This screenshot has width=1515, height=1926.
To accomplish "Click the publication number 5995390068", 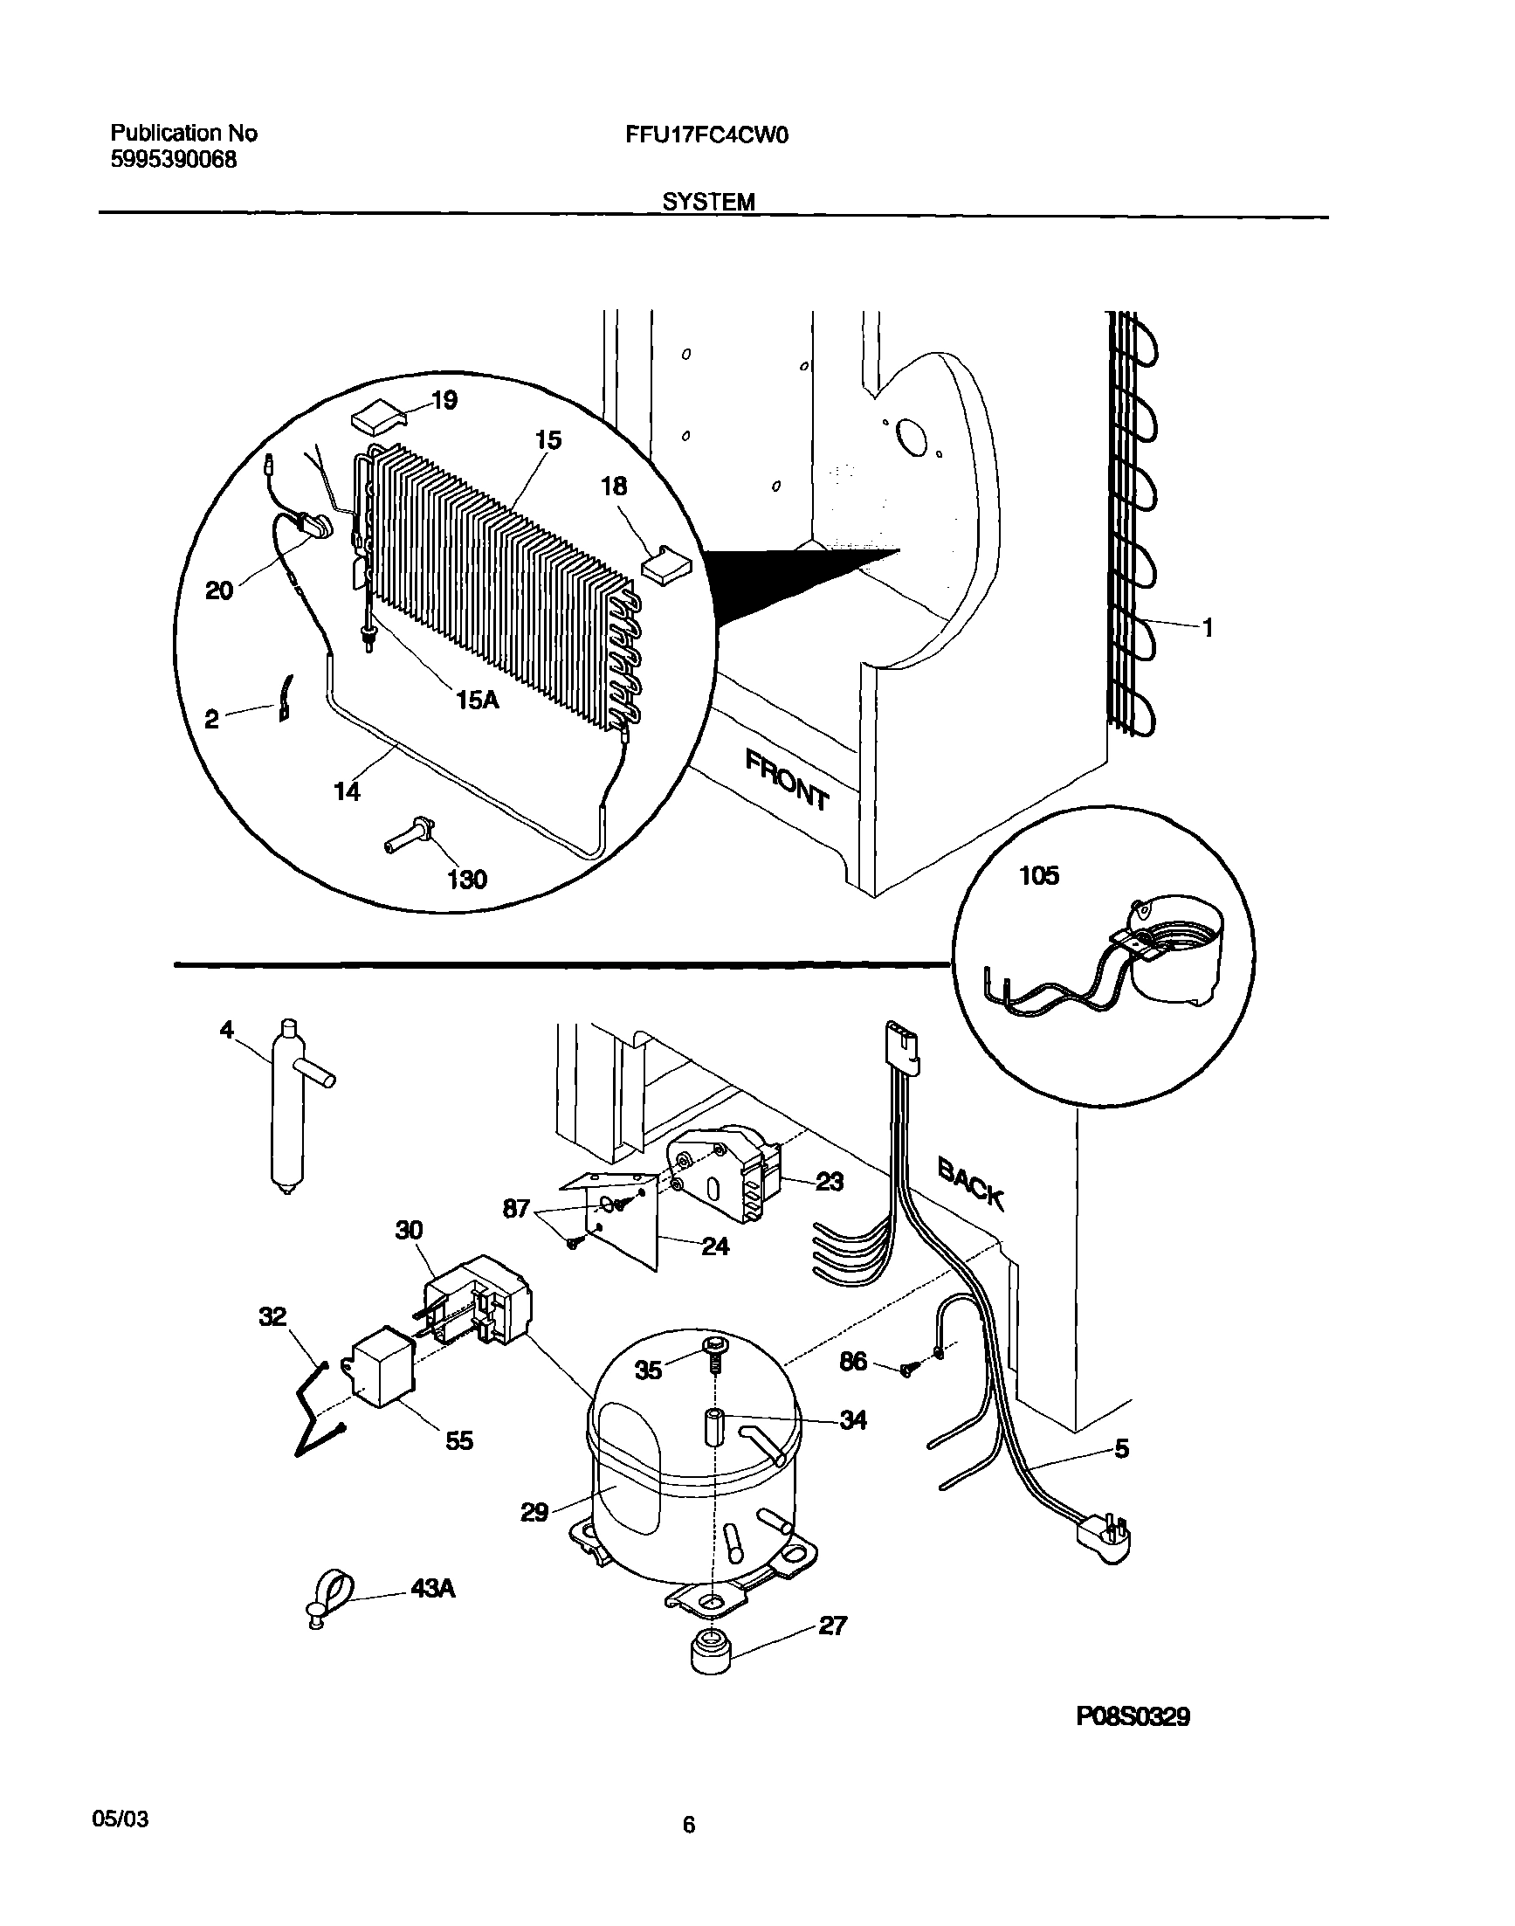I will pyautogui.click(x=174, y=161).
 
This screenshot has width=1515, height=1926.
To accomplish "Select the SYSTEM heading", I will pyautogui.click(x=709, y=203).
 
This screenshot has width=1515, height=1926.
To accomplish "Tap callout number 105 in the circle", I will pyautogui.click(x=1039, y=875).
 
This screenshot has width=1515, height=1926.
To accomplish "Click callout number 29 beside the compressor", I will pyautogui.click(x=534, y=1512).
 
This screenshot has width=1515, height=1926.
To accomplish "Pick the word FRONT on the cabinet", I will pyautogui.click(x=787, y=780).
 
